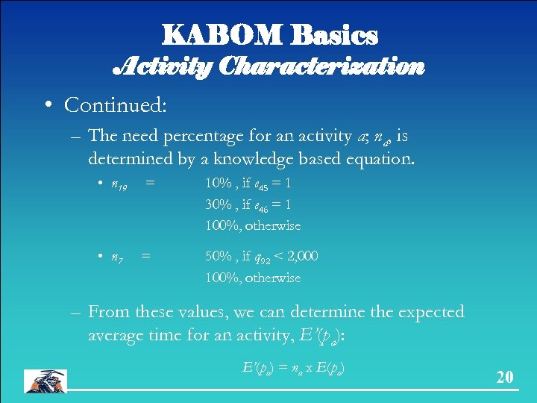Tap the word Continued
tap(115, 105)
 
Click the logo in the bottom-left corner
tap(45, 380)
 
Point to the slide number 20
tap(505, 377)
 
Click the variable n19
tap(119, 183)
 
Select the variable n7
tap(117, 257)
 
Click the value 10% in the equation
tap(219, 183)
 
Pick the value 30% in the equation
tap(219, 204)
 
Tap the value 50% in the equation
tap(219, 256)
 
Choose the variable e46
tap(259, 204)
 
